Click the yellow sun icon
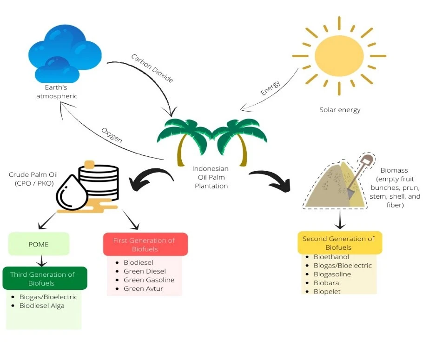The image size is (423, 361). [339, 56]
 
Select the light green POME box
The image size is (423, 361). [39, 244]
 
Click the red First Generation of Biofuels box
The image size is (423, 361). [145, 244]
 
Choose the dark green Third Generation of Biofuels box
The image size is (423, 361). [45, 278]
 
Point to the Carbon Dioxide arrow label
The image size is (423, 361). [152, 68]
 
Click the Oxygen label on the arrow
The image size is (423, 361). [112, 135]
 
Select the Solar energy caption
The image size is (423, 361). [340, 110]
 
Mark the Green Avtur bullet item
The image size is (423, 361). [144, 288]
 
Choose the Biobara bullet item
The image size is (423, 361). [326, 283]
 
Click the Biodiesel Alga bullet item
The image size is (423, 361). [42, 306]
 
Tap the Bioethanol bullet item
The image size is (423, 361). [331, 257]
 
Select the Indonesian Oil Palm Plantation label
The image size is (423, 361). [211, 177]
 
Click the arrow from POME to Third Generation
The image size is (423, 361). [42, 260]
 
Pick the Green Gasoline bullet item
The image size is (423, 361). [149, 280]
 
